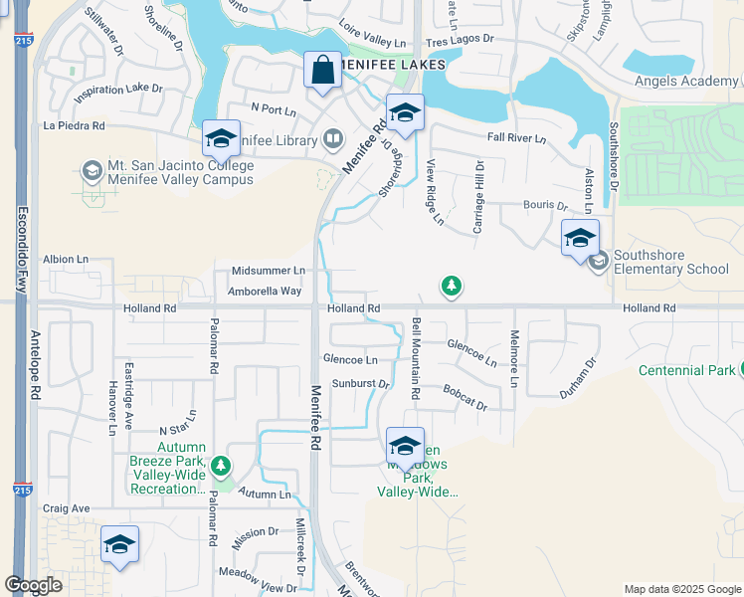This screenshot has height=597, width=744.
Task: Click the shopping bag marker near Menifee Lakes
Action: [x=322, y=71]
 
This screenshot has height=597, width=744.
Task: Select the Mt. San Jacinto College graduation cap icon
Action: [x=93, y=171]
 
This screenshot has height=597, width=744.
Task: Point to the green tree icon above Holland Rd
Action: [x=452, y=287]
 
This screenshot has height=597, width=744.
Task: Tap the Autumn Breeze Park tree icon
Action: [x=221, y=465]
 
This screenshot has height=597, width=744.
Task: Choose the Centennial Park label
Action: [x=686, y=371]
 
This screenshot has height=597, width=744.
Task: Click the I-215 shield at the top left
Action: [x=21, y=41]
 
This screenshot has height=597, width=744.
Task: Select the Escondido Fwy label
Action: [x=21, y=249]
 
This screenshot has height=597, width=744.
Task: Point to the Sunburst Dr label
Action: [x=359, y=383]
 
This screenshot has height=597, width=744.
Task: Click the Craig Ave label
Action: [x=67, y=508]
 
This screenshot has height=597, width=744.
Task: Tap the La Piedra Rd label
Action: [x=75, y=126]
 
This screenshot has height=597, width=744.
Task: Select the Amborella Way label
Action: [x=265, y=291]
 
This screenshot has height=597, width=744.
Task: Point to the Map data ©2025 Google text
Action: [x=680, y=589]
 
